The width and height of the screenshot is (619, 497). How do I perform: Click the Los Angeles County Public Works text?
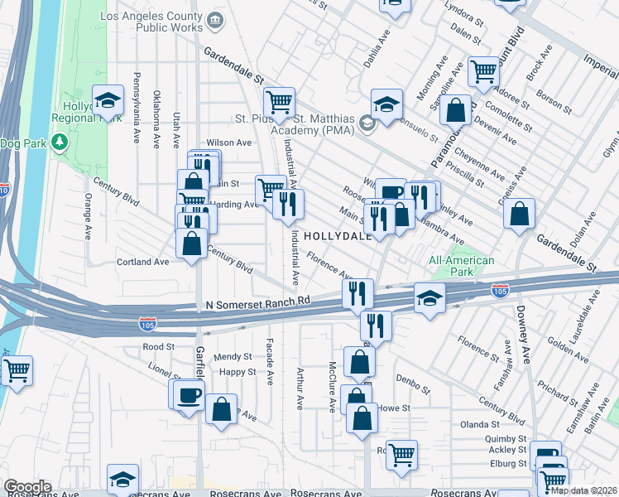click(x=151, y=22)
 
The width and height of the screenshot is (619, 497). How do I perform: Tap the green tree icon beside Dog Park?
click(x=59, y=143)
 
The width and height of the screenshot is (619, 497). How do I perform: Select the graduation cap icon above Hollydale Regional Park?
click(x=107, y=101)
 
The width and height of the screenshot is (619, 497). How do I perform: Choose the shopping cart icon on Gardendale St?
click(x=280, y=103)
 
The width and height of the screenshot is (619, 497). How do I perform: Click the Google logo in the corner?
click(x=27, y=487)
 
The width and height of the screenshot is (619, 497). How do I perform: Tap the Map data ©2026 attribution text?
click(x=583, y=490)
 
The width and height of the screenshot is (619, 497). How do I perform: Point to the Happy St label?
click(x=237, y=373)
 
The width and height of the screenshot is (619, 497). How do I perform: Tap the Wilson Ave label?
click(x=228, y=142)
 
